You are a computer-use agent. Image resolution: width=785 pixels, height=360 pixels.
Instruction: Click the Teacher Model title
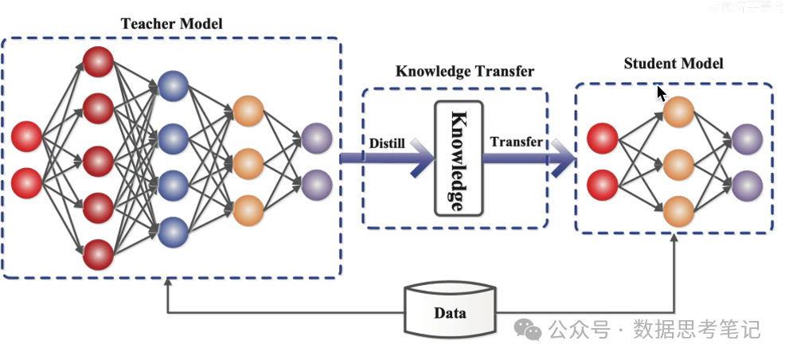click(x=171, y=24)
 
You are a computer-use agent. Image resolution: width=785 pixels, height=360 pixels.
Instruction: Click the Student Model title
click(x=673, y=64)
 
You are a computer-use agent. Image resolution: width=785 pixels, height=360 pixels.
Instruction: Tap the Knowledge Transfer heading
click(x=465, y=72)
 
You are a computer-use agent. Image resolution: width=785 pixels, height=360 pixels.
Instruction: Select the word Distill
click(x=388, y=143)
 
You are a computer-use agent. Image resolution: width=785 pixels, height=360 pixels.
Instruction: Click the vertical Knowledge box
click(x=458, y=158)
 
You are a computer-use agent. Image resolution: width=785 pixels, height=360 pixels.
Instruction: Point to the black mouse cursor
click(x=661, y=95)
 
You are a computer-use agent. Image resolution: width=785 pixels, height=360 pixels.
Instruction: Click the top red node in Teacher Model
click(x=99, y=61)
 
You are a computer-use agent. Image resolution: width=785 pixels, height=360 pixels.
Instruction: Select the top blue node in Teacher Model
click(x=173, y=85)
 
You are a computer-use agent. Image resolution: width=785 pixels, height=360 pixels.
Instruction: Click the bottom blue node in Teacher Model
click(x=173, y=232)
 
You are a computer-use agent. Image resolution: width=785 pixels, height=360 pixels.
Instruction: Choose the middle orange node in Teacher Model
click(x=248, y=162)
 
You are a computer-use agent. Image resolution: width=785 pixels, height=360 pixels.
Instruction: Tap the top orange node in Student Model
click(x=678, y=112)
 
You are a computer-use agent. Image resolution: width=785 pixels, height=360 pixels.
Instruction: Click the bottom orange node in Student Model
click(x=678, y=211)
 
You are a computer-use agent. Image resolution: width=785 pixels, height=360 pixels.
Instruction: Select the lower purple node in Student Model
click(x=747, y=186)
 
